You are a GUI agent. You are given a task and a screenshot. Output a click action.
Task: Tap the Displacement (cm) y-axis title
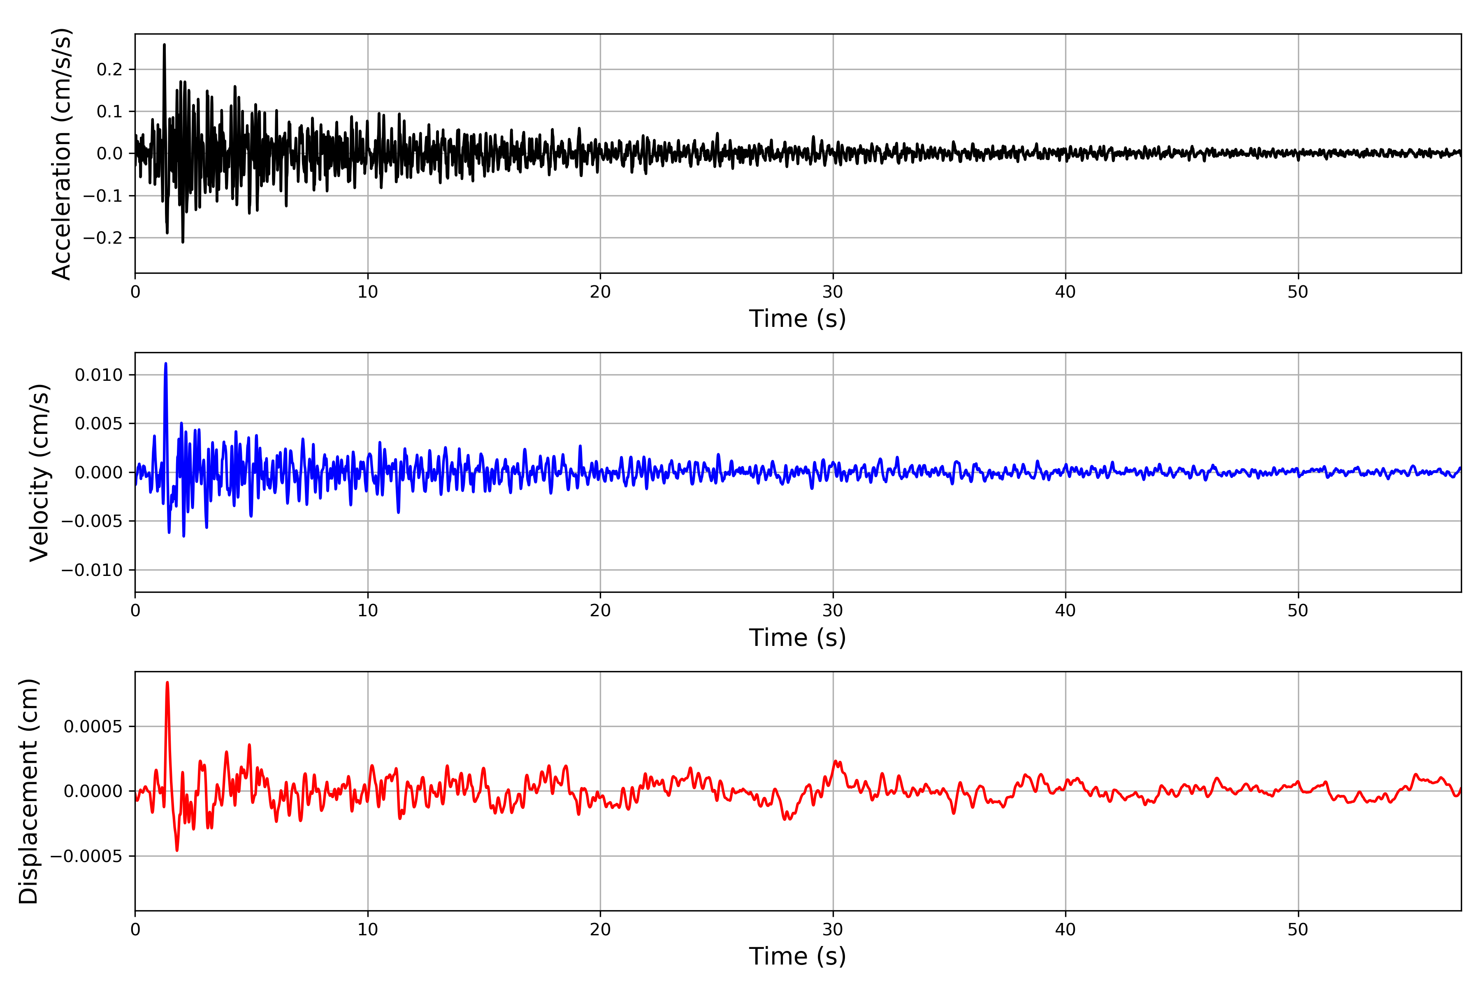(28, 791)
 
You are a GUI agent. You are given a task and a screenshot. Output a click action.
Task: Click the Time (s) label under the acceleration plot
(797, 319)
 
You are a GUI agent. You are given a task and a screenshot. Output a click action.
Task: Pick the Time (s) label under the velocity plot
(797, 638)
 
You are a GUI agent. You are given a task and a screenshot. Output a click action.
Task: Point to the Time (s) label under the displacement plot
(797, 956)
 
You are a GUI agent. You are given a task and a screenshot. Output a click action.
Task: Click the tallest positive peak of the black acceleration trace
(164, 45)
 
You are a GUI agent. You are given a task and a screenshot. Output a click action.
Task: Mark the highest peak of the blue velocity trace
(166, 364)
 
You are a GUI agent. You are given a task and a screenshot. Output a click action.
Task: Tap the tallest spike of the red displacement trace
(167, 683)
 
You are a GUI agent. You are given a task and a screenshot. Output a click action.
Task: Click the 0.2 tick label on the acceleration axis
(109, 69)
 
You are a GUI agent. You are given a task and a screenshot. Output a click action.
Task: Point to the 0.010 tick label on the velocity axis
(99, 375)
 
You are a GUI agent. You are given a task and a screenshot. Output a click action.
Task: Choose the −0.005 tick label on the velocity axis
(92, 521)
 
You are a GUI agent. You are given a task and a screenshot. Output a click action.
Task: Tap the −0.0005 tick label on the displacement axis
(86, 856)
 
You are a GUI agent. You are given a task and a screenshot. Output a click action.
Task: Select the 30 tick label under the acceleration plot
(832, 292)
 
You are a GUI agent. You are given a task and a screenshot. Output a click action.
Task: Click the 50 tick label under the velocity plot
(1298, 611)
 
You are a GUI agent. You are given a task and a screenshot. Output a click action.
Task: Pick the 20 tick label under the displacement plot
(600, 930)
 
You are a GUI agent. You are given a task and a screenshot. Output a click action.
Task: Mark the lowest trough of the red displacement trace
(177, 850)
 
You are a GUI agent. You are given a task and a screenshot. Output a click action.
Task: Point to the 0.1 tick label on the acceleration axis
(109, 112)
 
